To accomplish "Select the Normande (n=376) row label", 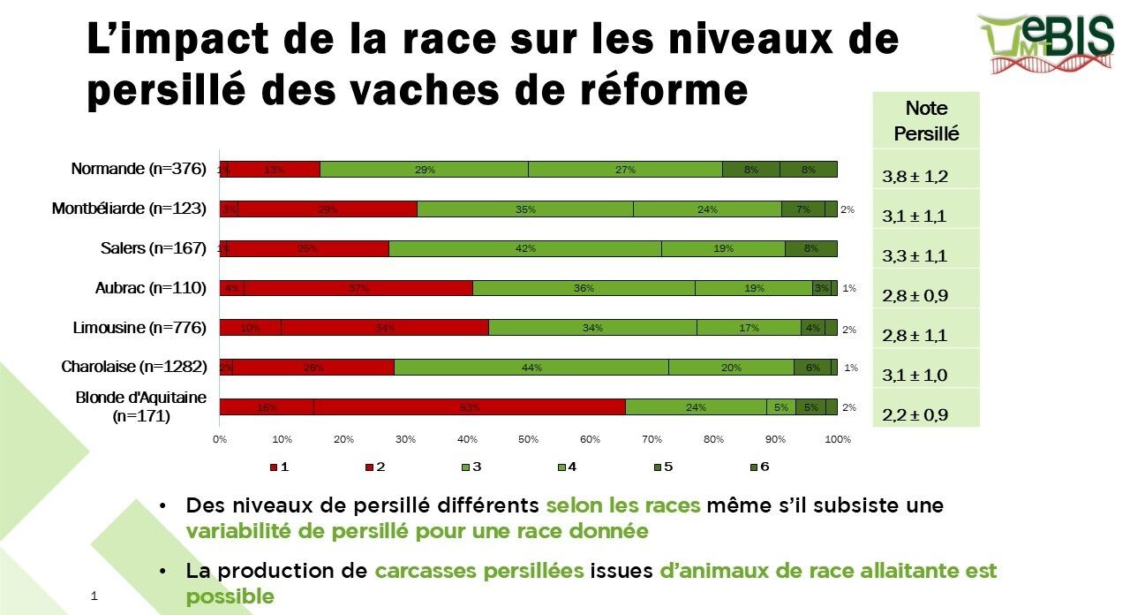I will click(139, 169).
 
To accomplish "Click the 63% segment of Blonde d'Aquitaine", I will click(470, 407).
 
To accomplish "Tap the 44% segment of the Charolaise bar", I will click(531, 368).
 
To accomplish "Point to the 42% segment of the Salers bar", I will click(525, 248).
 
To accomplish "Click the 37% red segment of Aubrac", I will click(358, 288).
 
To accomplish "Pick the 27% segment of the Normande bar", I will click(625, 170).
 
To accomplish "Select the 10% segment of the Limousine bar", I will click(250, 328).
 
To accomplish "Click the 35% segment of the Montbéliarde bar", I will click(525, 209).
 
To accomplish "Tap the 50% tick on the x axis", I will click(528, 439).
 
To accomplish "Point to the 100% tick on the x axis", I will click(837, 439).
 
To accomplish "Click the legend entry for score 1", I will click(278, 467).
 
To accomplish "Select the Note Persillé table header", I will click(926, 122).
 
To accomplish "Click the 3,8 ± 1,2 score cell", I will click(915, 177).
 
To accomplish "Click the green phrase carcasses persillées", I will click(478, 571).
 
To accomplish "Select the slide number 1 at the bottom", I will click(94, 596).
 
